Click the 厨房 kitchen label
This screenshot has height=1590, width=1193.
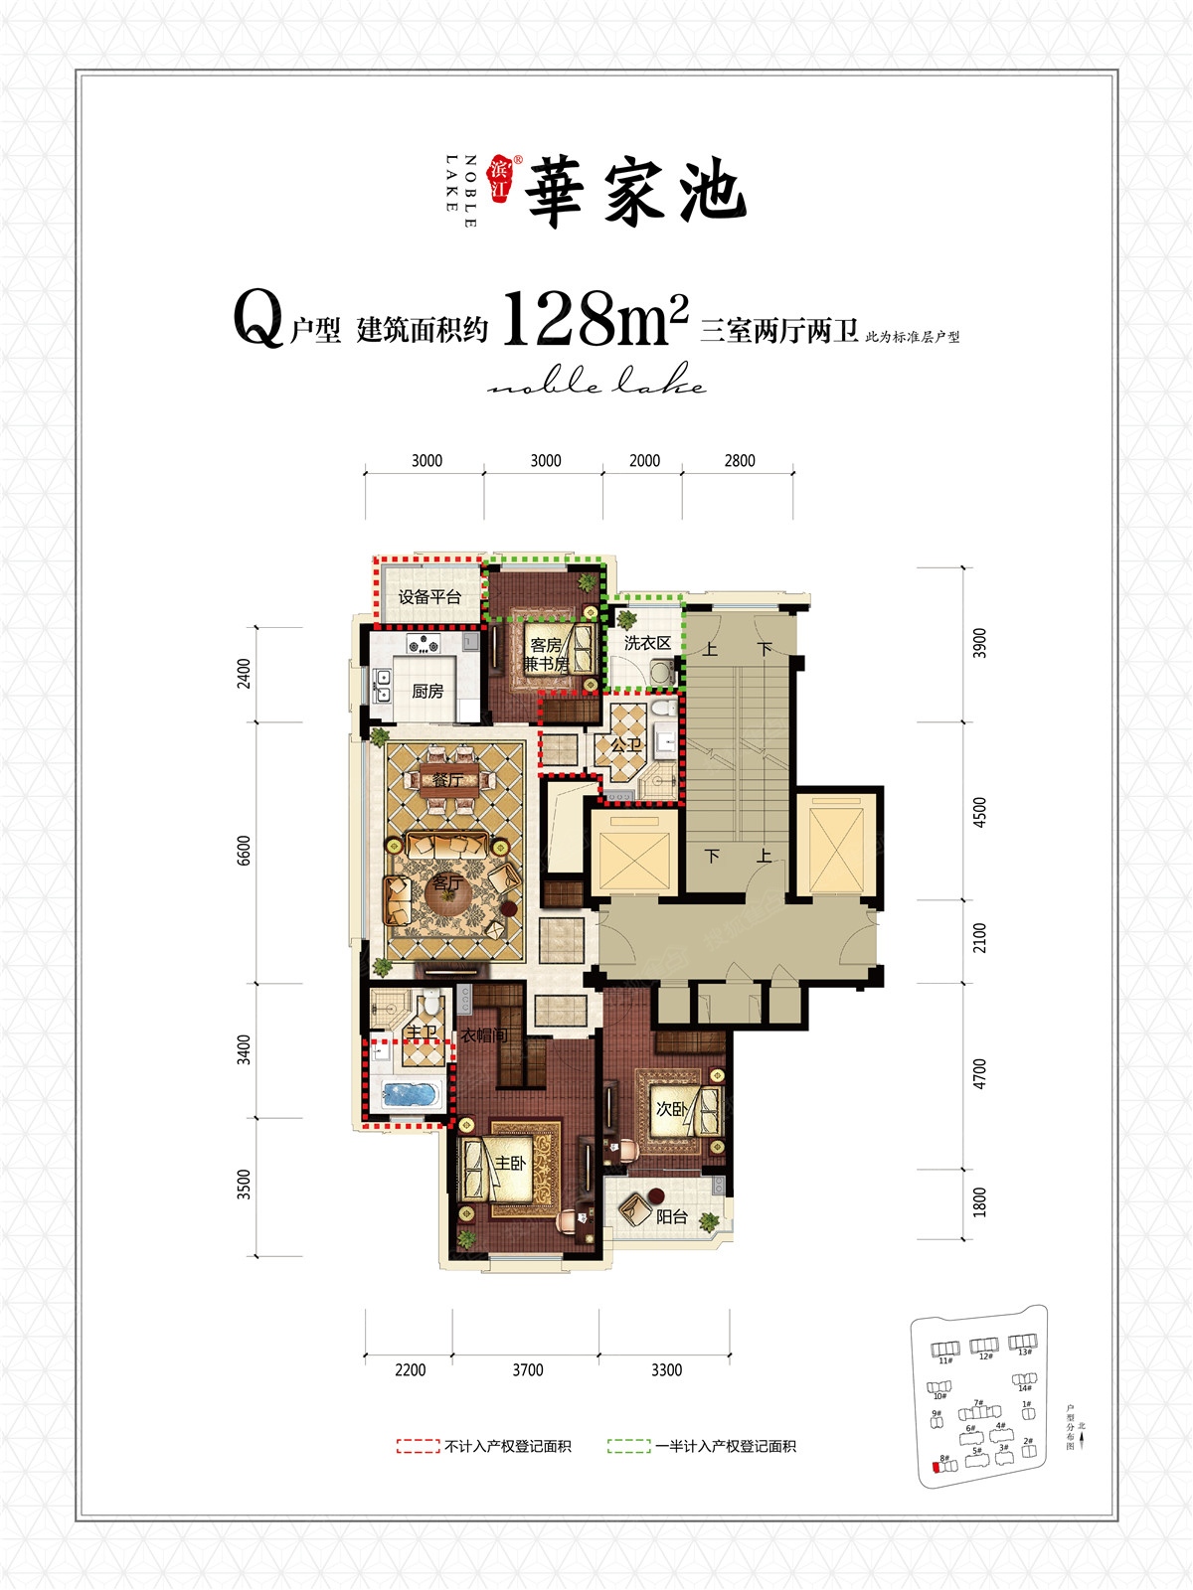(x=427, y=691)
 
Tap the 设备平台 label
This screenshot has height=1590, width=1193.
(x=429, y=597)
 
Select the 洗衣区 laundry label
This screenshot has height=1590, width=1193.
(x=647, y=643)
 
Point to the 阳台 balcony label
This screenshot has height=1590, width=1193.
(x=672, y=1216)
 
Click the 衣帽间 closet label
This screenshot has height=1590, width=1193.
(x=484, y=1035)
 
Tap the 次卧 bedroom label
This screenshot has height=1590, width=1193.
(x=672, y=1108)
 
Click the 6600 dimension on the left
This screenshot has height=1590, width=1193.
(x=245, y=852)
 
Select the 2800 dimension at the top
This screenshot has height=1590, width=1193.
(x=740, y=460)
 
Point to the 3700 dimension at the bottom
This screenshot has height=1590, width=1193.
(x=528, y=1370)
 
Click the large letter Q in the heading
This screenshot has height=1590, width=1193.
(x=257, y=319)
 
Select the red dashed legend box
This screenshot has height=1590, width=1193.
(x=418, y=1447)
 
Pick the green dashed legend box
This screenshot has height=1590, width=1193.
(x=628, y=1447)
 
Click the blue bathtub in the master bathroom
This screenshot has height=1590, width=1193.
(x=409, y=1094)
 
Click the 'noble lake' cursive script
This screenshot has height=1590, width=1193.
(x=596, y=383)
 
